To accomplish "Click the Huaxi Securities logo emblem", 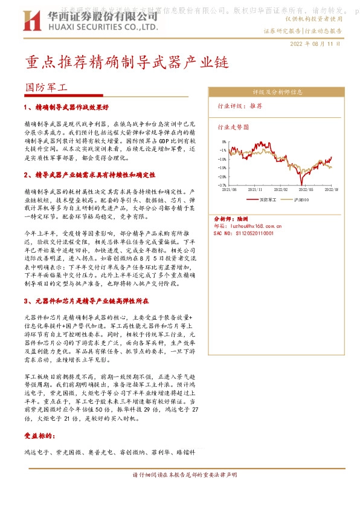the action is click(33, 22).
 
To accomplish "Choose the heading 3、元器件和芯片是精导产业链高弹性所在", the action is click(86, 300).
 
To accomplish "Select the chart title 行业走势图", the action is click(233, 128).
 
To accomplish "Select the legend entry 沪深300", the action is click(301, 199).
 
